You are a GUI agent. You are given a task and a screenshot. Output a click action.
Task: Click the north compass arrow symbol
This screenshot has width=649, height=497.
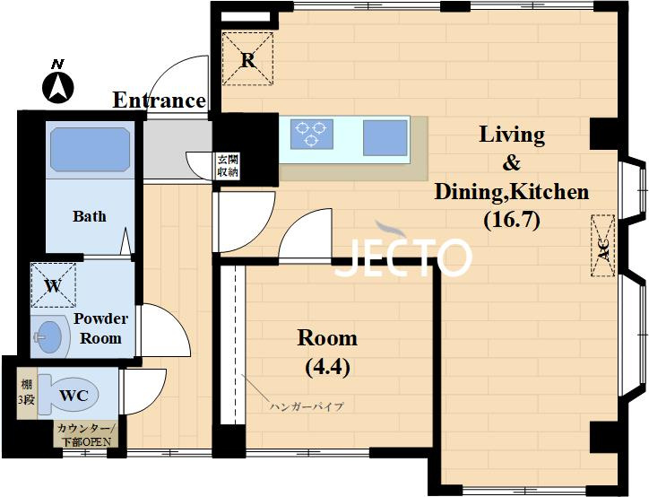coord(58,88)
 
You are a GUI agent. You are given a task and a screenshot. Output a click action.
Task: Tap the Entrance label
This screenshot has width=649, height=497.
coord(159,100)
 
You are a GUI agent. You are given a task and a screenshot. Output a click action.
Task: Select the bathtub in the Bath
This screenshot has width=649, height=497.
coord(91,150)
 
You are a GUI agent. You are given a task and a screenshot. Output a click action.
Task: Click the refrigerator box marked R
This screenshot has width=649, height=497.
coord(248,59)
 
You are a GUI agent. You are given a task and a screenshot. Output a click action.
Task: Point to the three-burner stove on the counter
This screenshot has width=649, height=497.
coord(312,134)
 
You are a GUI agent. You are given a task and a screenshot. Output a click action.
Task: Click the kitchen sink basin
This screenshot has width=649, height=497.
coord(385,138)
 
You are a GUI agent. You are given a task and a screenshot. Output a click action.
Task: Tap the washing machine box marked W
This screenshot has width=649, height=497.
coord(54,285)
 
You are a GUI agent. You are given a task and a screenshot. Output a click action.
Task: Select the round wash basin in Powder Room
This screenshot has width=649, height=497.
coord(49,336)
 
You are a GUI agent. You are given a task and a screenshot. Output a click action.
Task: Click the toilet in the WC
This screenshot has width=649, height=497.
coord(68,396)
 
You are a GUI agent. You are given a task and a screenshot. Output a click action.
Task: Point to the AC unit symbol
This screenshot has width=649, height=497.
coord(603,246)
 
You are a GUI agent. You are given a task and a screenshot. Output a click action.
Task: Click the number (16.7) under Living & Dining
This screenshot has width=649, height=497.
coord(512,220)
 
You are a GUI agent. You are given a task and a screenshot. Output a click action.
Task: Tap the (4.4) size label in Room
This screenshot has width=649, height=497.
coord(327,367)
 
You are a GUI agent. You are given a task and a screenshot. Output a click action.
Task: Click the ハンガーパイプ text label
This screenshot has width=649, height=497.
coord(307,406)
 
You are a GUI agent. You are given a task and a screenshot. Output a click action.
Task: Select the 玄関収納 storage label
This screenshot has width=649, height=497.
coord(228,166)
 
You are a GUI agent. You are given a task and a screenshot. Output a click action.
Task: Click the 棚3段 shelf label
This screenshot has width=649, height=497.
coord(27,393)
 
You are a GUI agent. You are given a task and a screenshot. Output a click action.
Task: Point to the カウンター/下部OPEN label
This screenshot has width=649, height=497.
coord(86,435)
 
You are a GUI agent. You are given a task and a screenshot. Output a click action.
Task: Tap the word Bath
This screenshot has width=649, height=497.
coord(90,216)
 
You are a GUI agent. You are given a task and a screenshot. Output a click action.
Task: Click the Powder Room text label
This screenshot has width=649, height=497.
coord(100,328)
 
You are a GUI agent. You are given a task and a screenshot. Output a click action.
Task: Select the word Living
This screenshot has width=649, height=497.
coord(512,135)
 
